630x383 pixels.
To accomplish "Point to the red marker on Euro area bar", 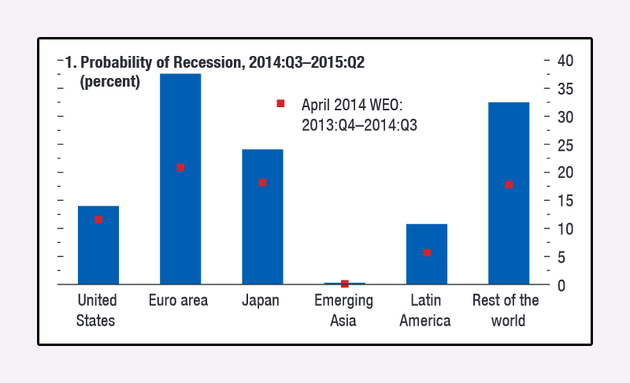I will click(x=180, y=168).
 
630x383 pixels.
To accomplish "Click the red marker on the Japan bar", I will click(x=262, y=183).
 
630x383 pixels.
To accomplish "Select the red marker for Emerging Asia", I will click(x=345, y=284).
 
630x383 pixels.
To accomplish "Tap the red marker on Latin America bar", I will click(x=427, y=253).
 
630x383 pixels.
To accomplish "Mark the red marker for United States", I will click(x=98, y=220).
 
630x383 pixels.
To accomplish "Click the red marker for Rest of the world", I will click(x=509, y=185).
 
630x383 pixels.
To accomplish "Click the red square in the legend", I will click(x=280, y=104).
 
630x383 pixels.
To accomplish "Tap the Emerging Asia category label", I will click(x=344, y=310).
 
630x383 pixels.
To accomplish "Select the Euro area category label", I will click(x=179, y=301).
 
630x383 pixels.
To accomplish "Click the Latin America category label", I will click(x=425, y=310).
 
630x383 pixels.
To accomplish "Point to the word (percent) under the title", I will click(x=110, y=80).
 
